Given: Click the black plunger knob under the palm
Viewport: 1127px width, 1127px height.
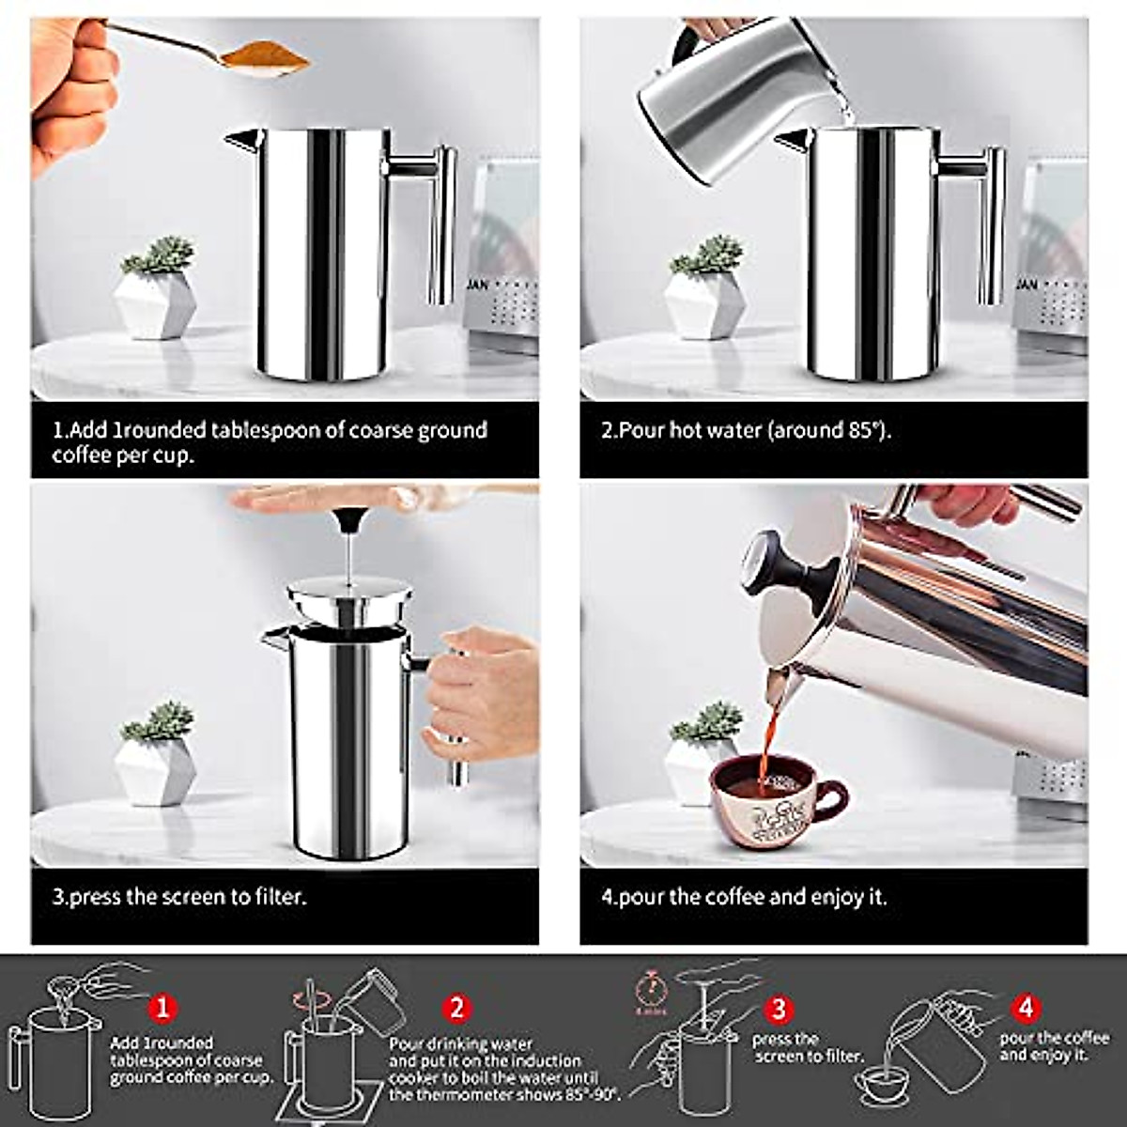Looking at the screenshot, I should coord(348,518).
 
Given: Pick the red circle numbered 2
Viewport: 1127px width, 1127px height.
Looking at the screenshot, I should coord(456,1009).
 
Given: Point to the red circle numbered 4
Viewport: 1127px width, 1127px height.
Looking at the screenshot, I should coord(1027,1009).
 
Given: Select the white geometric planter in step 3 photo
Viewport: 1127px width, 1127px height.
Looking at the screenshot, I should coord(156,770).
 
